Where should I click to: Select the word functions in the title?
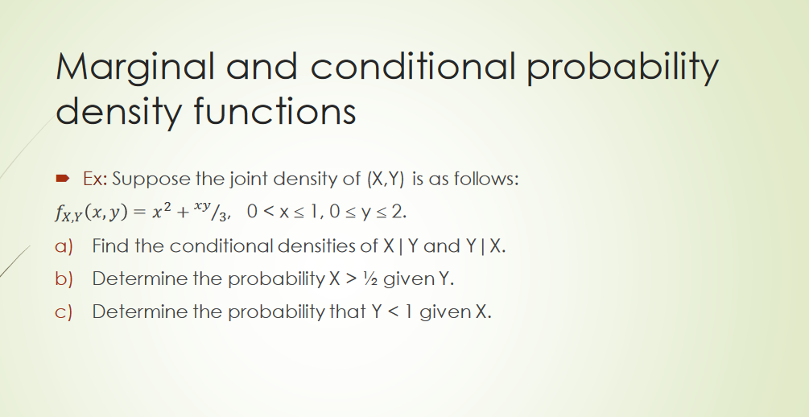tap(275, 111)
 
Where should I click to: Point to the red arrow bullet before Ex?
tap(62, 179)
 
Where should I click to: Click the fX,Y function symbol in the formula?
tap(68, 213)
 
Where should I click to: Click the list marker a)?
tap(64, 246)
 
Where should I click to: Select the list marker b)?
tap(64, 279)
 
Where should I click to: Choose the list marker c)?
tap(64, 312)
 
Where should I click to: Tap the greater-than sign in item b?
tap(351, 279)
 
